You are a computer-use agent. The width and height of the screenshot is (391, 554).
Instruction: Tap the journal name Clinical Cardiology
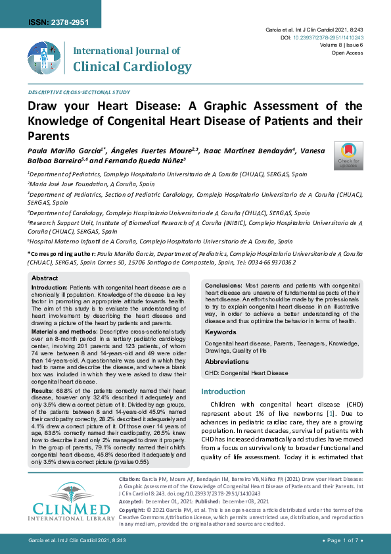(133, 66)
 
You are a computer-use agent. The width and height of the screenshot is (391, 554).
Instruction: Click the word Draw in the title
(44, 107)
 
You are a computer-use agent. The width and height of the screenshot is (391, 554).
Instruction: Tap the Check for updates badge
(348, 155)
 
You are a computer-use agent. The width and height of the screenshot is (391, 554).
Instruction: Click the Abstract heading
(45, 278)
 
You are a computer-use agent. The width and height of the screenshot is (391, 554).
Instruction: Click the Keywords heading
(221, 333)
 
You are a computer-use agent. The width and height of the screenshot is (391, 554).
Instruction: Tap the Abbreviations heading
(227, 362)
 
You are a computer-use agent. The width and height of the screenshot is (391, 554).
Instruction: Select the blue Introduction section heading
(222, 392)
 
